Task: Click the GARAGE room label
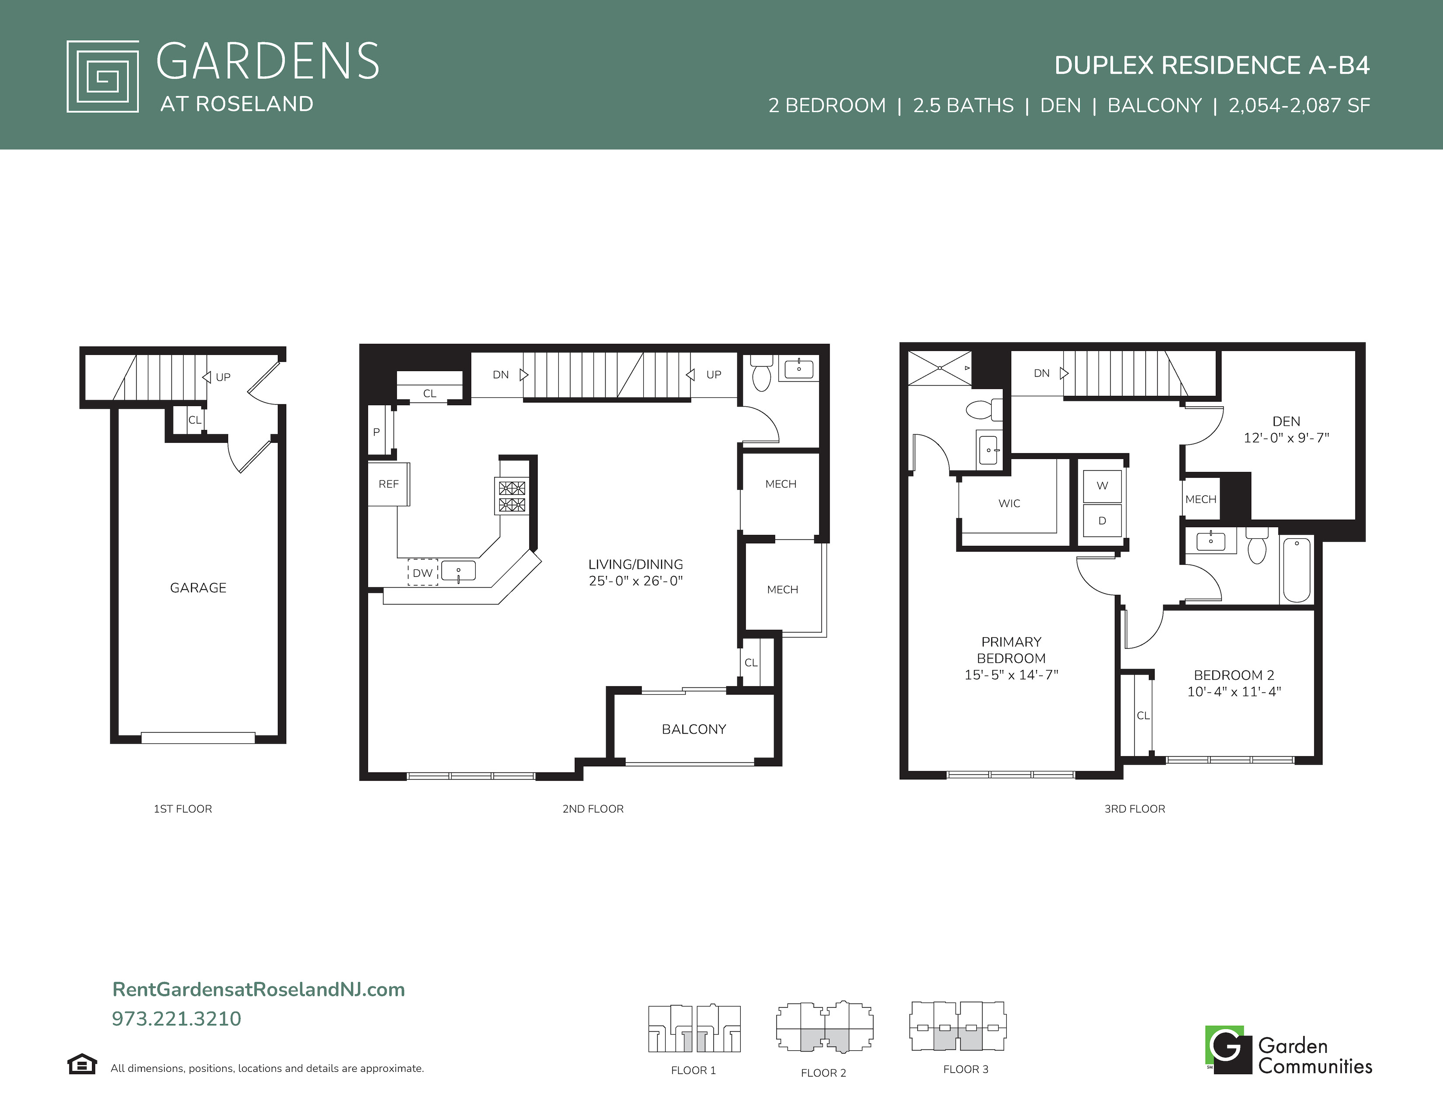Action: point(198,588)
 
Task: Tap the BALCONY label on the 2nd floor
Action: point(694,729)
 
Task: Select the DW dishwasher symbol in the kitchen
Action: point(423,573)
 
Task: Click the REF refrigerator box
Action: point(388,484)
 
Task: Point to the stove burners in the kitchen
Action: point(512,497)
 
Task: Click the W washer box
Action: point(1102,485)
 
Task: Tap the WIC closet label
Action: point(1009,503)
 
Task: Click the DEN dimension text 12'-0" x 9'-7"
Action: point(1286,437)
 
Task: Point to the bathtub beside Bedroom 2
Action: point(1297,570)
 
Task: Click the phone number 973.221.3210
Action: point(176,1018)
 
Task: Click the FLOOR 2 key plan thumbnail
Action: point(824,1027)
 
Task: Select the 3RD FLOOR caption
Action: point(1134,808)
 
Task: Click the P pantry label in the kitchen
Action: point(376,432)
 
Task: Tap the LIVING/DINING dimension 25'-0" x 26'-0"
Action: point(636,581)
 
